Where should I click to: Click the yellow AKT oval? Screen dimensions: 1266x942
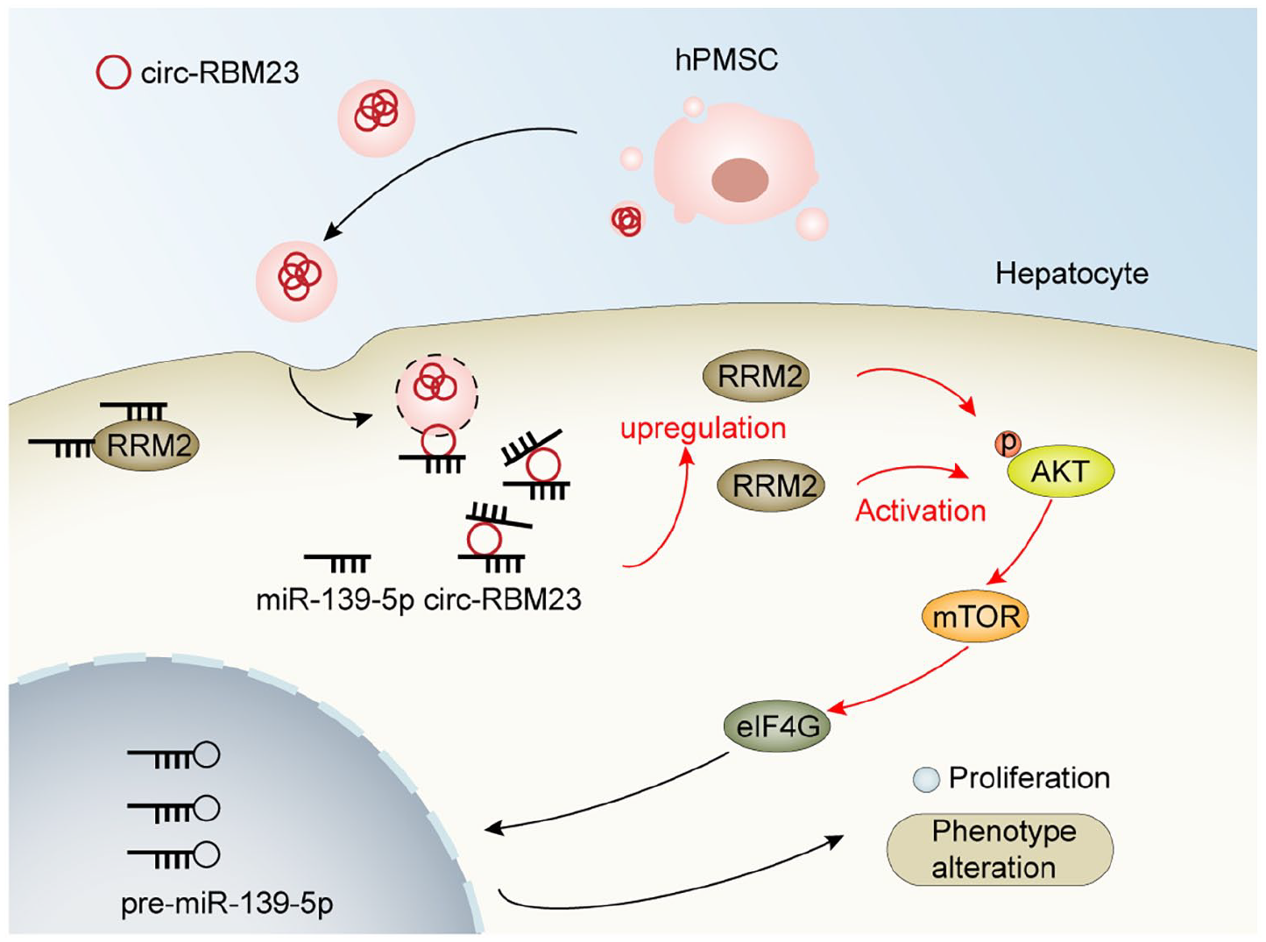pos(1060,471)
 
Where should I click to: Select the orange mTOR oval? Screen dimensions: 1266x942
pos(975,617)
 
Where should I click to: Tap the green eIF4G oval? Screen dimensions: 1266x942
pos(777,726)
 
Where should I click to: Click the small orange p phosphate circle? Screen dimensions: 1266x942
pos(1008,443)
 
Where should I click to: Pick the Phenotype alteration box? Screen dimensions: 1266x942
pos(1000,849)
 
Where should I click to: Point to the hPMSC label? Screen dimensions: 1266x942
pos(726,60)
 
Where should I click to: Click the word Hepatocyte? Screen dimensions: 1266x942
pos(1072,274)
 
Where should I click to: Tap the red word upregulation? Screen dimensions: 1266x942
pos(704,429)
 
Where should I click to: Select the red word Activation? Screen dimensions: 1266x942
pos(921,510)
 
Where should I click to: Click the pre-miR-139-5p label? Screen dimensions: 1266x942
pos(227,903)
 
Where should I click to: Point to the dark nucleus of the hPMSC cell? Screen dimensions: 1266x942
pos(739,181)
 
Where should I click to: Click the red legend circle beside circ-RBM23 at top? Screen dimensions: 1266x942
pos(113,72)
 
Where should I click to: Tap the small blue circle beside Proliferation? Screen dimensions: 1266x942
pos(926,779)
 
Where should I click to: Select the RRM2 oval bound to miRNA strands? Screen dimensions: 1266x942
pos(145,446)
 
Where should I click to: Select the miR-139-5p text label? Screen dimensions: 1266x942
pos(335,599)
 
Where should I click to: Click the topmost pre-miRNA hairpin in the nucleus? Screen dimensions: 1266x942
pos(174,755)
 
